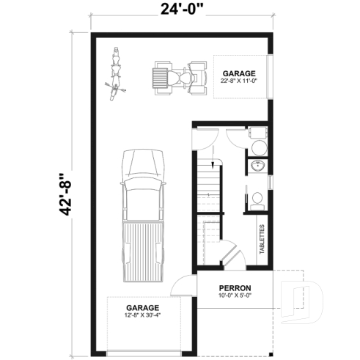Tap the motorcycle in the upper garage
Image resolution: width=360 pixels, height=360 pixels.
point(114,76)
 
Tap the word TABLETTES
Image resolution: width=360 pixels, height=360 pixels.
point(262,239)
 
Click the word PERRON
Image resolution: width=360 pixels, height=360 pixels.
point(235,287)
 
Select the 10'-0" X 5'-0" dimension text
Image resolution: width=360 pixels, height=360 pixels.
point(235,295)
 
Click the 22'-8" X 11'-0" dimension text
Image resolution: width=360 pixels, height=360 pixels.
point(238,81)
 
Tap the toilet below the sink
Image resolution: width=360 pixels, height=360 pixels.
point(256,199)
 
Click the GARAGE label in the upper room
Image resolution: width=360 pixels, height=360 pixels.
point(238,73)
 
